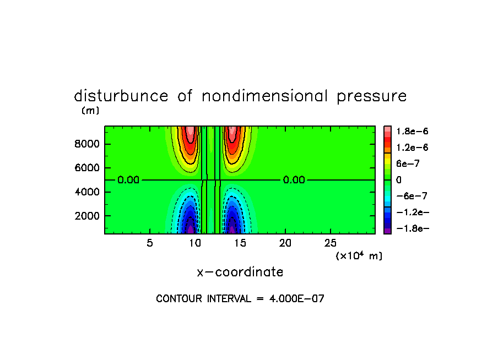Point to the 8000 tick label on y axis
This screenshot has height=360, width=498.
coord(88,144)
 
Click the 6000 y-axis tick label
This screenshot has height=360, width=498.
coord(88,168)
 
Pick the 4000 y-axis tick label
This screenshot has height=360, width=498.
coord(88,192)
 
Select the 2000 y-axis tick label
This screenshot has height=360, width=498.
coord(88,216)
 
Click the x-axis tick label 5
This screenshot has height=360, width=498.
coord(150,243)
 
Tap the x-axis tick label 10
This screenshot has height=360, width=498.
coord(194,243)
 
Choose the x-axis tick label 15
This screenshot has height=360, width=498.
coord(240,243)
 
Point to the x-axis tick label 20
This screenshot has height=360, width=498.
coord(285,243)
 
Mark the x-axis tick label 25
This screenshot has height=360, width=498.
coord(330,243)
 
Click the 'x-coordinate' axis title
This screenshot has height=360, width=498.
coord(240,272)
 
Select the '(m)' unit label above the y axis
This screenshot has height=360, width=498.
coord(90,111)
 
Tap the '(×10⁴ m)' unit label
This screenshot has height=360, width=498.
coord(359,256)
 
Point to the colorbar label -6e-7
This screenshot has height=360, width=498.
coord(409,196)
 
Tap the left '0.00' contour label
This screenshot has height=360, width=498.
coord(128,179)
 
